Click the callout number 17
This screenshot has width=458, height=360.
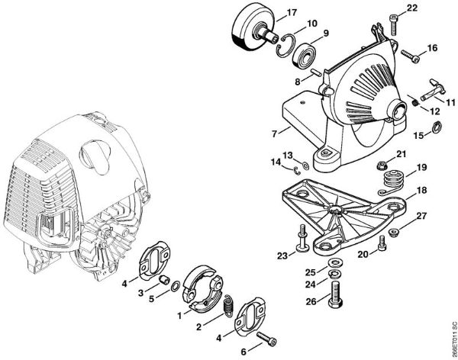pos(292,13)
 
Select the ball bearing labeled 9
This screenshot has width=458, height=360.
pos(305,56)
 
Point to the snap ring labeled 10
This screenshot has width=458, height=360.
pos(285,46)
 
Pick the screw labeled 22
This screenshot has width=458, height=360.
pos(394,26)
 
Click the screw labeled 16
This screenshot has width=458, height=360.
pos(410,56)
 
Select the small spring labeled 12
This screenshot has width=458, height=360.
pos(414,102)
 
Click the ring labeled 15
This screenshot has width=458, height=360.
pos(437,126)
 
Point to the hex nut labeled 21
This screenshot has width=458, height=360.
pos(382,166)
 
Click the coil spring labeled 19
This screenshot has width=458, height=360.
pos(391,182)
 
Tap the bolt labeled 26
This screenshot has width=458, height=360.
pos(335,295)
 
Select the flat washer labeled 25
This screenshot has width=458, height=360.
pos(335,264)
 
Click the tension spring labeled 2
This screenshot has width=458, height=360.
pos(228,305)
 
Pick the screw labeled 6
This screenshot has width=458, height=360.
pos(266,339)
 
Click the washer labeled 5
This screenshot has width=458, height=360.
pos(176,286)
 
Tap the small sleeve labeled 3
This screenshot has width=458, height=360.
pos(164,280)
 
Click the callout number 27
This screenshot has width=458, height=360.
pos(421,216)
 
